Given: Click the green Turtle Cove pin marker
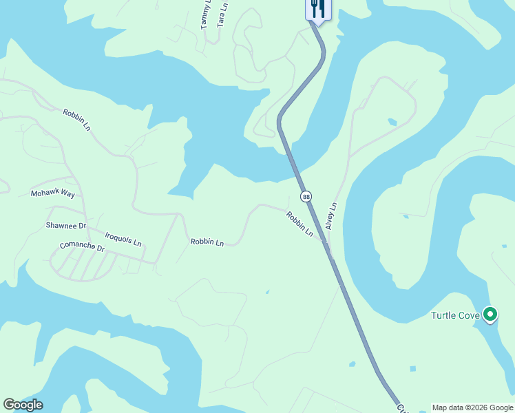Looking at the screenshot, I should click(x=490, y=315).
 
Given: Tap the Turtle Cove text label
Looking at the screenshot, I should click(x=455, y=316).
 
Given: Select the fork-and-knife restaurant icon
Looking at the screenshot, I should click(x=317, y=8).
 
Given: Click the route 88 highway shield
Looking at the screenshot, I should click(x=306, y=197).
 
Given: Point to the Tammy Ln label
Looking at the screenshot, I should click(x=205, y=15).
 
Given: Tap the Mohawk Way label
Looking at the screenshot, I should click(x=52, y=193).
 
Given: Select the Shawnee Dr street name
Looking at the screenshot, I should click(x=65, y=225).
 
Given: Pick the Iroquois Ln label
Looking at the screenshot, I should click(x=123, y=239).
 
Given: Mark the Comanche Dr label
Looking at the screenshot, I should click(x=81, y=246).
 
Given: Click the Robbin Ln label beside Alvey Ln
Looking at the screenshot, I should click(x=300, y=224).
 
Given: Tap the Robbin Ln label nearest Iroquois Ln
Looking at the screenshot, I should click(x=207, y=242).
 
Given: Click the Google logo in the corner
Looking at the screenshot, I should click(x=23, y=405).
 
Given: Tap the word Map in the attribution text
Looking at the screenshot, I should click(x=439, y=407).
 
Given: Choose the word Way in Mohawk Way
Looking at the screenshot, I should click(x=67, y=193).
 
